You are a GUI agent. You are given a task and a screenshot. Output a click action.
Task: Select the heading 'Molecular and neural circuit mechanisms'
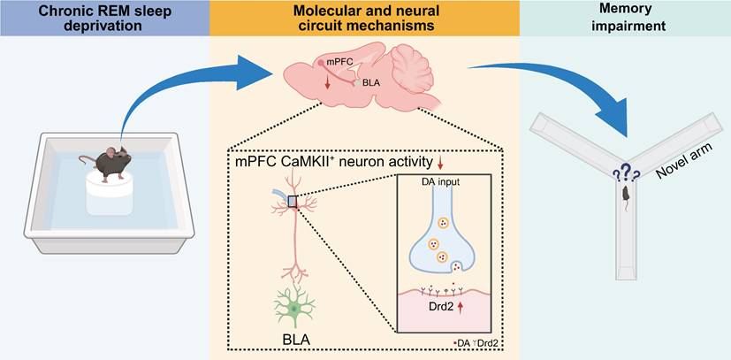point(364,18)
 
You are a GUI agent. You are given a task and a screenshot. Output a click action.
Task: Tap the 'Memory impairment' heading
point(625,18)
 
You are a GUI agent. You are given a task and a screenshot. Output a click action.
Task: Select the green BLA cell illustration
point(294,307)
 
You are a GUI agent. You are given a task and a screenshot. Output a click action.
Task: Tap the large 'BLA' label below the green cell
point(295,341)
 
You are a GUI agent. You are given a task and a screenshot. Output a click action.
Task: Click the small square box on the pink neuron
point(293,202)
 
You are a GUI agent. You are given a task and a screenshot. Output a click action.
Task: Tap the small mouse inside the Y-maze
point(625,195)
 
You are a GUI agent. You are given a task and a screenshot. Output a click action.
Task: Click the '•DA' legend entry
point(462,342)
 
